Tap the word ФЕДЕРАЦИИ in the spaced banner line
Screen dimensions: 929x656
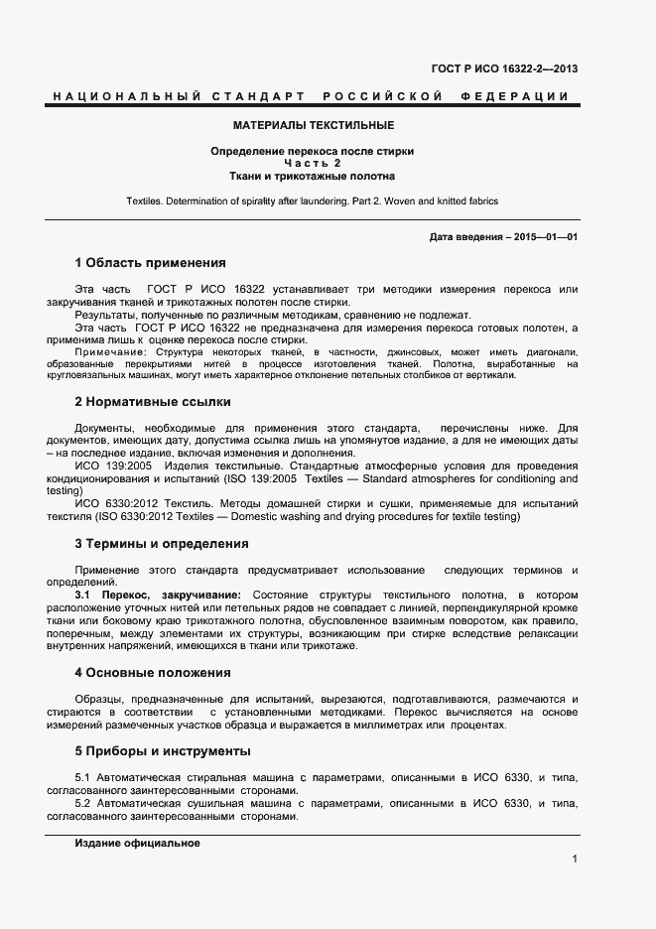click(x=516, y=96)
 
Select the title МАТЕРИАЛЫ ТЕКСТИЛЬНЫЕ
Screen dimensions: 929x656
click(x=313, y=126)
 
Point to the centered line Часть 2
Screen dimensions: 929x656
click(x=313, y=163)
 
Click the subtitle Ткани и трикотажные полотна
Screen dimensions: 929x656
click(x=313, y=176)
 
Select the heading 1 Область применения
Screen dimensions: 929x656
click(x=151, y=263)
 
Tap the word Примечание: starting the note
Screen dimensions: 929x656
click(x=107, y=352)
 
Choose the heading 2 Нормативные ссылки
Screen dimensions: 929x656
click(x=153, y=402)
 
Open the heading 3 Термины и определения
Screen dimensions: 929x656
click(x=162, y=544)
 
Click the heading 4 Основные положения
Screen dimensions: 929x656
click(x=153, y=672)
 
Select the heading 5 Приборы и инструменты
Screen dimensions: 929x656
click(x=163, y=750)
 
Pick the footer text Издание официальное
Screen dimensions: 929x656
click(x=138, y=843)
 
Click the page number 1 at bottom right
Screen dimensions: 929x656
click(x=575, y=859)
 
